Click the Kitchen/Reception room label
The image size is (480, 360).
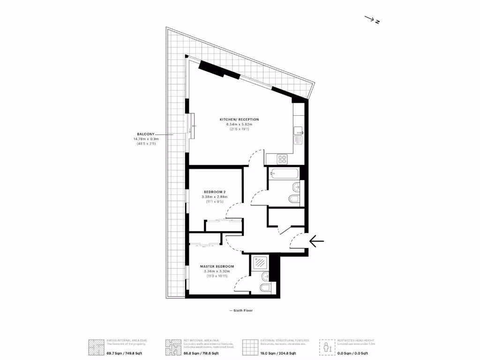[x=239, y=120]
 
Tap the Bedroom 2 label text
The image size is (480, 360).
[x=215, y=192]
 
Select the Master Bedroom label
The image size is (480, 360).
[x=217, y=266]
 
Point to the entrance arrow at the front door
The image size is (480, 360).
[x=316, y=241]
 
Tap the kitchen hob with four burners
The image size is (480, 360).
[x=282, y=159]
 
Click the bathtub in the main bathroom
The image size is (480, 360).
[x=284, y=174]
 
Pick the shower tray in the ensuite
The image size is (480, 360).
[x=259, y=263]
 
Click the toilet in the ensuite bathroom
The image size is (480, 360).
[x=265, y=287]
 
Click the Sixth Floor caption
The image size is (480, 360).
[x=241, y=310]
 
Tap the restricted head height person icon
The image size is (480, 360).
[x=327, y=347]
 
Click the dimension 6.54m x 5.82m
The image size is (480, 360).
[x=239, y=124]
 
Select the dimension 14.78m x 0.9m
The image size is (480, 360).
[x=146, y=139]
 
